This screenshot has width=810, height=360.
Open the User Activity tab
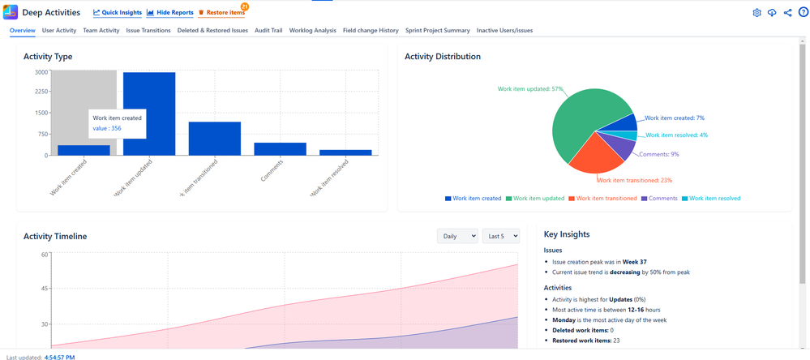click(59, 30)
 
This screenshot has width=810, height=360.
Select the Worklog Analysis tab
click(312, 30)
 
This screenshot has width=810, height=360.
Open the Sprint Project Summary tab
click(438, 30)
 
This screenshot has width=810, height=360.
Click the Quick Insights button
click(117, 13)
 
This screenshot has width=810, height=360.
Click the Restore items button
click(221, 13)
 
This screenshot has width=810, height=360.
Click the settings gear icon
click(756, 13)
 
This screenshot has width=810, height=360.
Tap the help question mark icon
click(803, 13)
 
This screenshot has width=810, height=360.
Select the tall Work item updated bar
click(149, 114)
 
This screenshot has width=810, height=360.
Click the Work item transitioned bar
click(215, 139)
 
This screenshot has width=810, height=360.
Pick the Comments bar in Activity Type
click(281, 148)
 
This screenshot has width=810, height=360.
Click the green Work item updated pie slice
click(584, 114)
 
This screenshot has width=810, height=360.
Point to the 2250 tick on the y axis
click(40, 92)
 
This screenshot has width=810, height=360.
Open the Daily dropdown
click(457, 236)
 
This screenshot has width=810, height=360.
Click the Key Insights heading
click(567, 234)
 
